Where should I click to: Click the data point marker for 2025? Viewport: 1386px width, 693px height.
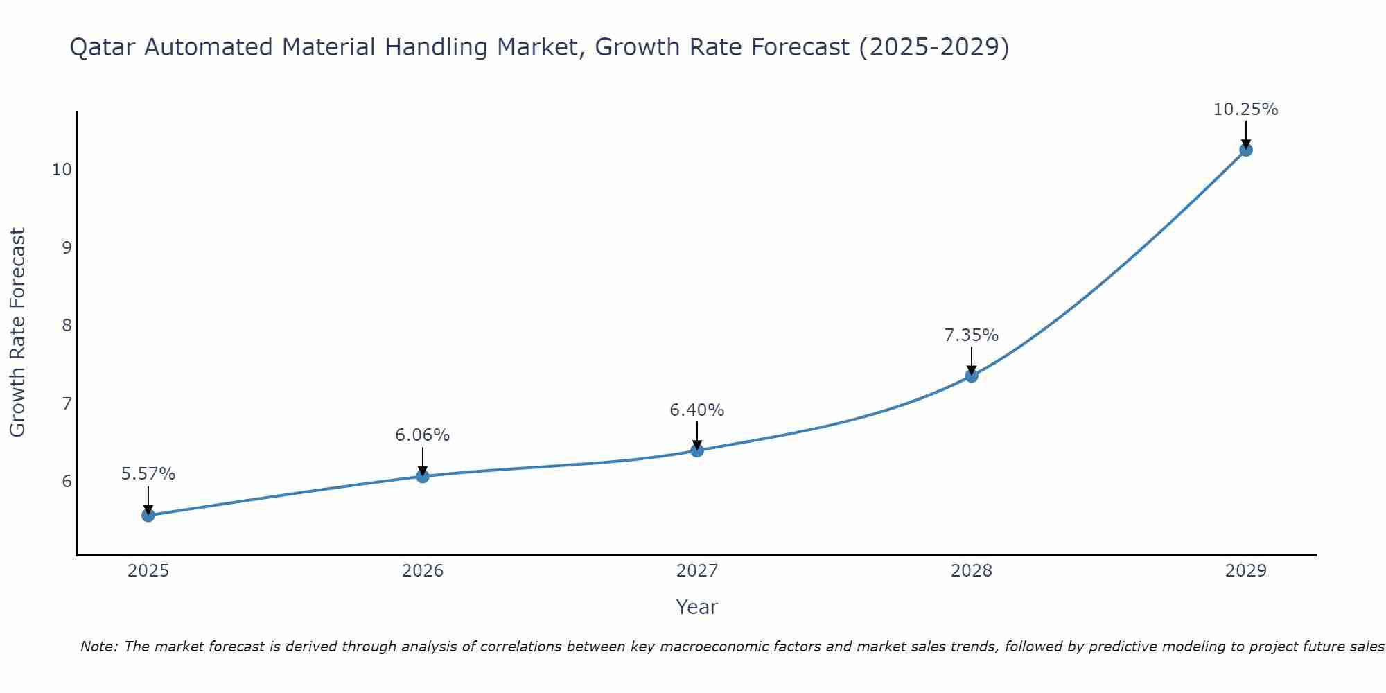(x=148, y=515)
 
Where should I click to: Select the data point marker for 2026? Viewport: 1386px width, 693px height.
(x=423, y=476)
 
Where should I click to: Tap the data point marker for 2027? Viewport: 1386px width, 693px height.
(x=697, y=450)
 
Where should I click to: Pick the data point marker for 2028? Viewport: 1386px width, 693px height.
(x=972, y=376)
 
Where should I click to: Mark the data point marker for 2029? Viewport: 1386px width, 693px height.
(x=1246, y=150)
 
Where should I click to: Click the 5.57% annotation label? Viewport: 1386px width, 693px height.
(x=148, y=474)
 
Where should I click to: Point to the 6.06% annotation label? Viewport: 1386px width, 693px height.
(x=423, y=435)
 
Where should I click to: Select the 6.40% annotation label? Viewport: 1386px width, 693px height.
(x=697, y=410)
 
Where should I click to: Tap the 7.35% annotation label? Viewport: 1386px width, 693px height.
(x=972, y=335)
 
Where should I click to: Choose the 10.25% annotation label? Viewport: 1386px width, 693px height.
(x=1245, y=109)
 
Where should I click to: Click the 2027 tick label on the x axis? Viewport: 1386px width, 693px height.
(x=697, y=571)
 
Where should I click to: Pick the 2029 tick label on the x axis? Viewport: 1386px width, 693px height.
(x=1246, y=571)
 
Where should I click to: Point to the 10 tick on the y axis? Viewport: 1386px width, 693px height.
(x=62, y=169)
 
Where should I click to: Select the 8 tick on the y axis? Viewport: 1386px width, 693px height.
(x=67, y=325)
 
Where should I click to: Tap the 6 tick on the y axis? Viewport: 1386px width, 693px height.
(x=67, y=481)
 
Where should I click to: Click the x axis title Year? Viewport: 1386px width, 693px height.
(x=697, y=607)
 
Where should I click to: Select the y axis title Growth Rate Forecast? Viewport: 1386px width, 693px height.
(x=17, y=333)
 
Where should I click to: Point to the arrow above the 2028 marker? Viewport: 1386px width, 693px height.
(x=972, y=359)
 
